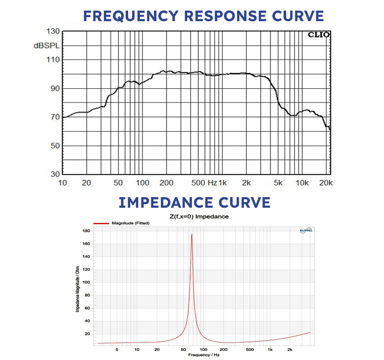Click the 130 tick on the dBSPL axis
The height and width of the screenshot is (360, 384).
click(53, 31)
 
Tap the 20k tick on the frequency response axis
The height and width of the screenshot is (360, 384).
click(326, 183)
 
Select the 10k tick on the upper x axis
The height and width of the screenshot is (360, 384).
click(302, 183)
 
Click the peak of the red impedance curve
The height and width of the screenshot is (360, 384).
click(192, 234)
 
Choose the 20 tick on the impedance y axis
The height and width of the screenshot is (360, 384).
click(87, 334)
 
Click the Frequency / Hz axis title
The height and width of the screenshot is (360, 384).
click(204, 355)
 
